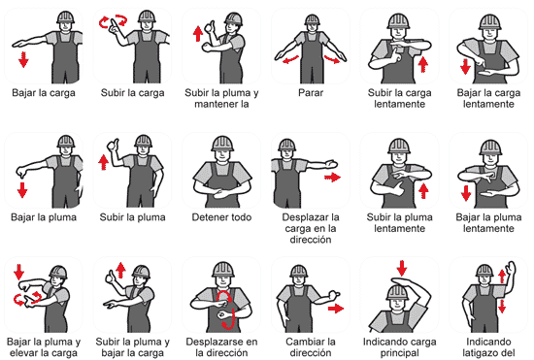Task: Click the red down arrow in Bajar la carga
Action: (x=23, y=59)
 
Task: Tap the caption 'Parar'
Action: (x=311, y=92)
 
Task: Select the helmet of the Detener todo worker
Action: (x=222, y=144)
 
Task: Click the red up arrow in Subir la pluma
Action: (x=103, y=162)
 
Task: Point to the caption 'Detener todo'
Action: (x=221, y=217)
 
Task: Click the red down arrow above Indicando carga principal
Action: (x=402, y=268)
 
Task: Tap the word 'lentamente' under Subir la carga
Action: (x=399, y=104)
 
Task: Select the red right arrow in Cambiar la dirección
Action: (x=336, y=309)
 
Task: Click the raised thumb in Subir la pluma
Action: (x=113, y=145)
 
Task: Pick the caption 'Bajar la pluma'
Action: (x=44, y=217)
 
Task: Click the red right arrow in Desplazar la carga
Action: (x=332, y=177)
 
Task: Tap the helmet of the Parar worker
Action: (x=312, y=19)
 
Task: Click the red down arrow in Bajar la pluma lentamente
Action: (x=466, y=193)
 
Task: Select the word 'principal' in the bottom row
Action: (x=399, y=353)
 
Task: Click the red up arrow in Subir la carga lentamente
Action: (x=422, y=64)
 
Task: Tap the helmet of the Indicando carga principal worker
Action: (x=397, y=293)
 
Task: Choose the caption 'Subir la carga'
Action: (x=132, y=92)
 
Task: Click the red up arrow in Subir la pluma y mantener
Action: (x=198, y=34)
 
